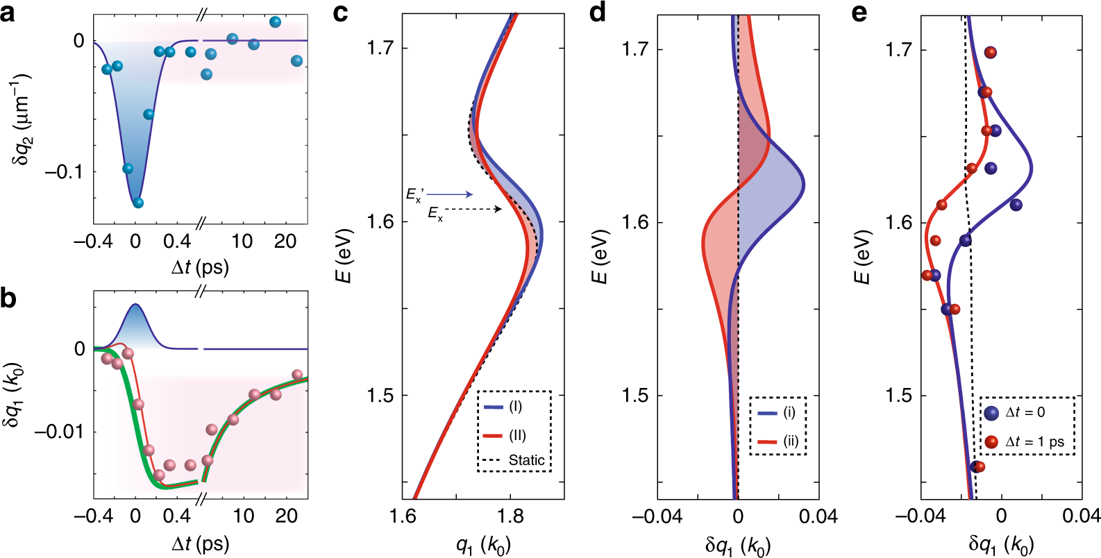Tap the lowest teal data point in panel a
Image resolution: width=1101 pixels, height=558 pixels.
click(137, 203)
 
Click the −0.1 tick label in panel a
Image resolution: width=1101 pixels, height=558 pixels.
click(64, 171)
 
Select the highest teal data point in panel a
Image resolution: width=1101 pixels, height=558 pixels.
click(275, 22)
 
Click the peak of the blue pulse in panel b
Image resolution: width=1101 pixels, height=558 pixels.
click(135, 305)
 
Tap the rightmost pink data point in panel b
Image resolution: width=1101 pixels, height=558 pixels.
click(297, 375)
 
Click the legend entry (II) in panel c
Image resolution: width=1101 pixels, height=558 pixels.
click(505, 435)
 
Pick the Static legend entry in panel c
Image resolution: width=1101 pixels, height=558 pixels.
click(517, 460)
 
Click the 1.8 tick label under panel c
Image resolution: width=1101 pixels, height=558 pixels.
click(510, 516)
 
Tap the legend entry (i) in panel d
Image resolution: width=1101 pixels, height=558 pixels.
click(778, 412)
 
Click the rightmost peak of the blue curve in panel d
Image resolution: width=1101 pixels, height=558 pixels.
click(804, 186)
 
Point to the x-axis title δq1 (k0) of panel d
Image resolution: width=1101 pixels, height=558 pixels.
click(737, 546)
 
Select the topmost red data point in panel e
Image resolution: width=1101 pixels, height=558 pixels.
click(991, 53)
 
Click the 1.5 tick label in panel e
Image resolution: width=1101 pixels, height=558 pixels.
click(899, 396)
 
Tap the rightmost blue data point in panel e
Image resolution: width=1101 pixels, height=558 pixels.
click(1016, 205)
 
